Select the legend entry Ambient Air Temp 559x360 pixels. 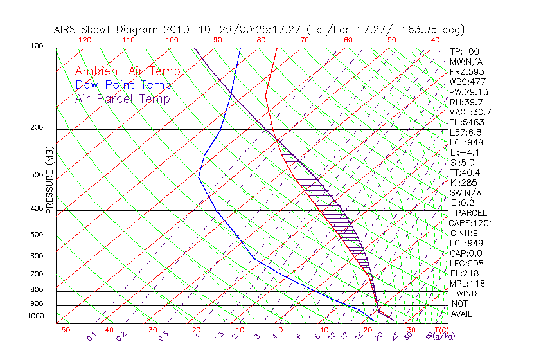[x=127, y=71]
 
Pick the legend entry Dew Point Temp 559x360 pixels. [x=123, y=85]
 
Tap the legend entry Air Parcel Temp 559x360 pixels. [x=122, y=98]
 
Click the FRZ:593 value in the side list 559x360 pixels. [x=467, y=71]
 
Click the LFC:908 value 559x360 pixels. [x=467, y=263]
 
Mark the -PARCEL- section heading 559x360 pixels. [x=471, y=213]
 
